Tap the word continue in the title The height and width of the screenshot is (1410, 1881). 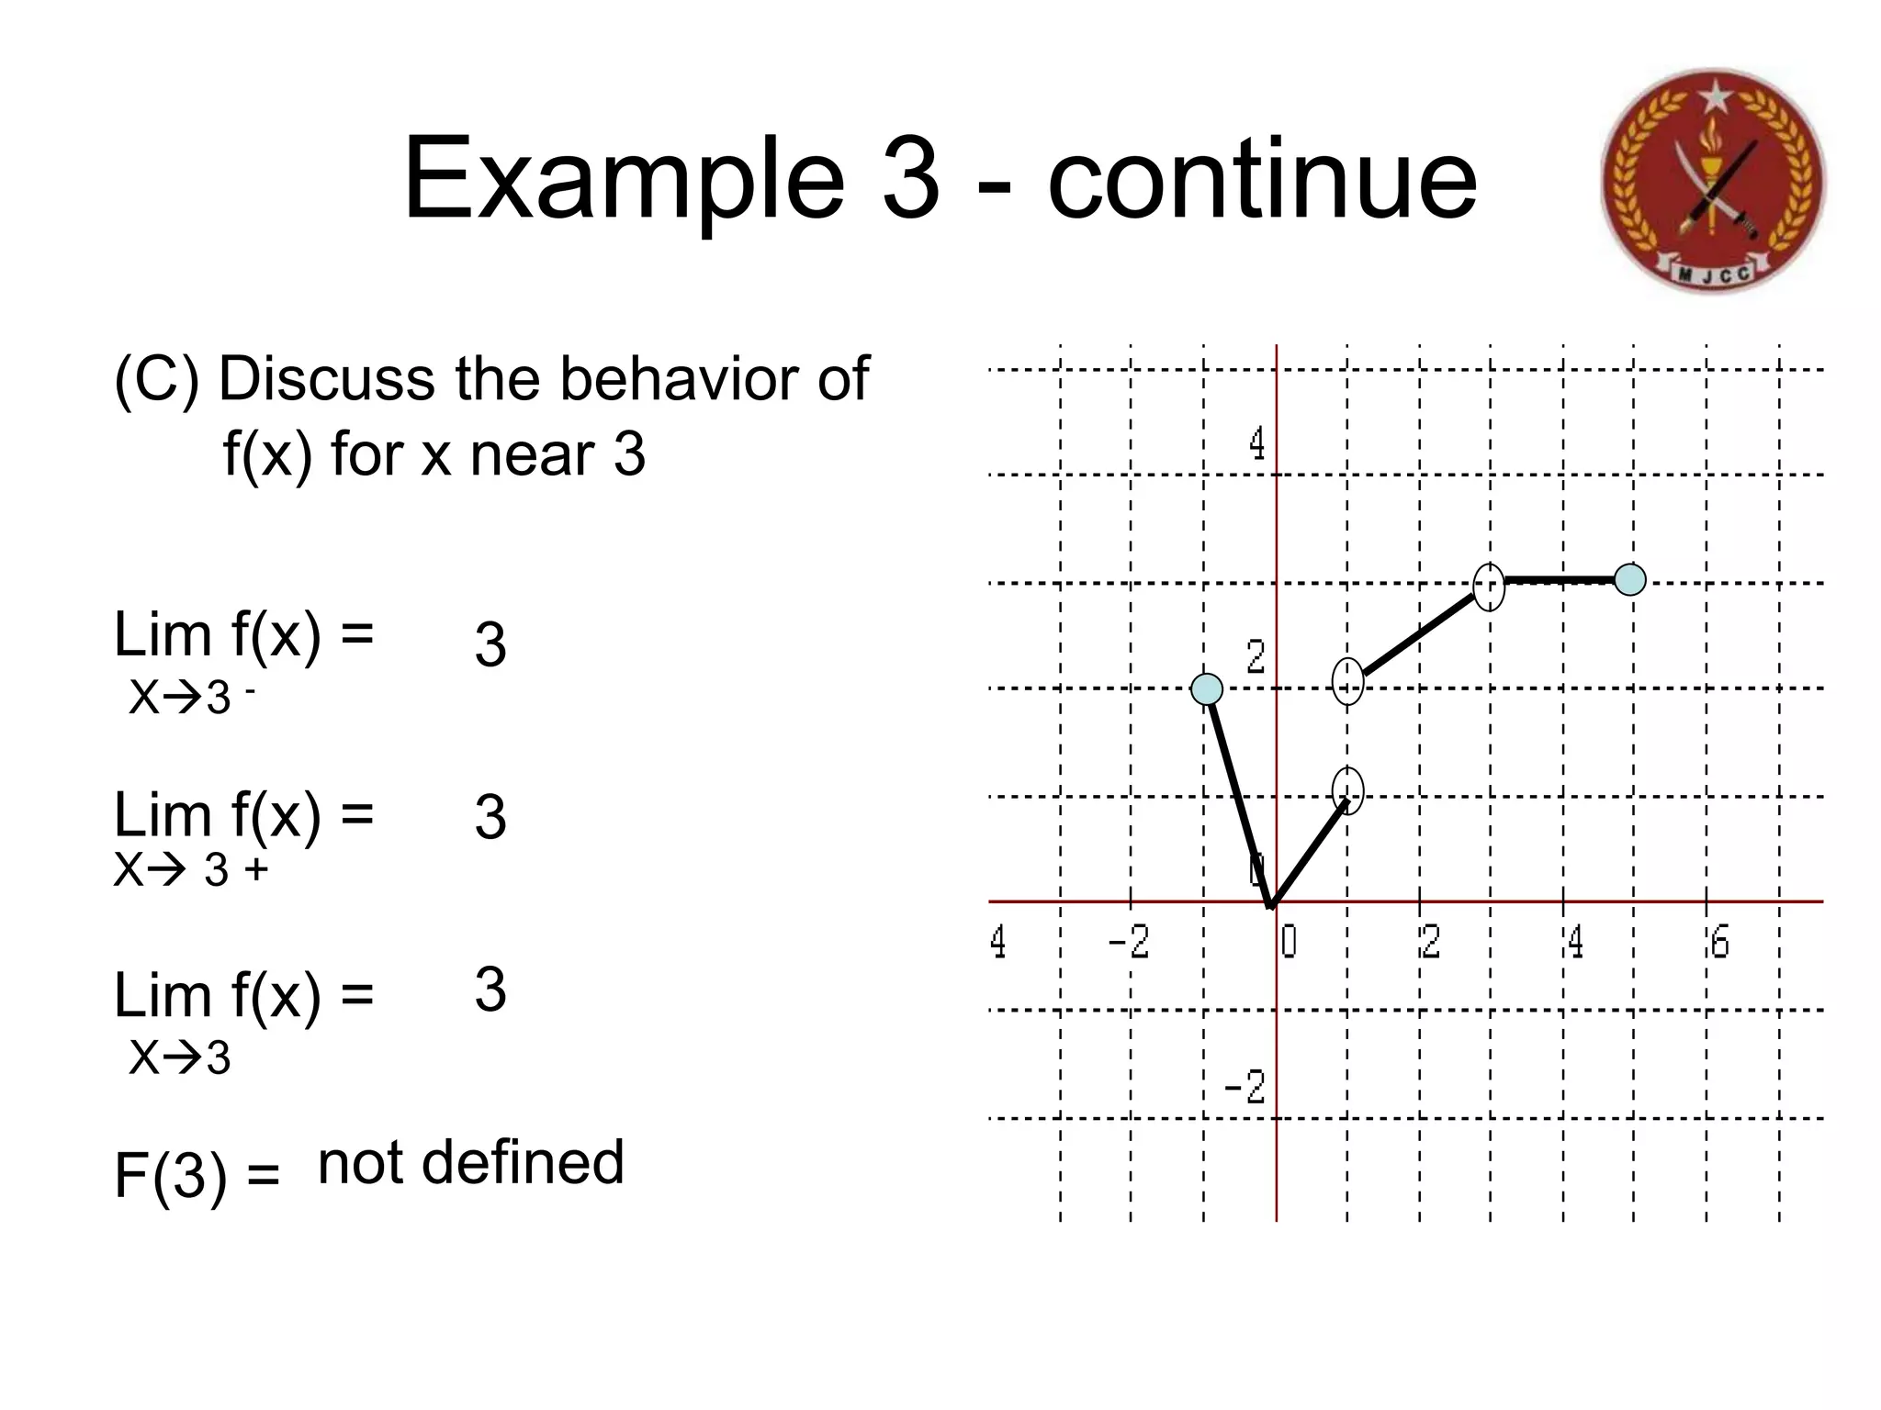1262,179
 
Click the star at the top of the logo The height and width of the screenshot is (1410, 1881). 1713,95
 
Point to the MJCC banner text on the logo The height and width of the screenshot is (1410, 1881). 1714,273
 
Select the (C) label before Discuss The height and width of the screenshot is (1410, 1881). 156,379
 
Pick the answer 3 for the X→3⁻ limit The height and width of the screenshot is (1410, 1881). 490,644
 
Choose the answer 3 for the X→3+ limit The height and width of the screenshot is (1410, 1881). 490,816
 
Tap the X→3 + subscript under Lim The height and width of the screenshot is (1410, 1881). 190,869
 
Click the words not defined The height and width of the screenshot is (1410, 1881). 470,1162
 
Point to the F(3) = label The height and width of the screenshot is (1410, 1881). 197,1175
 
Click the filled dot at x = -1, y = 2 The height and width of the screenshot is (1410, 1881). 1207,688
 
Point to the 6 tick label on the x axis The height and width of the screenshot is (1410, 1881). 1719,943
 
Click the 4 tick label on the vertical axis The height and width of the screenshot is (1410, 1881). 1256,444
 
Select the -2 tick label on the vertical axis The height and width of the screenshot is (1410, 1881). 1245,1087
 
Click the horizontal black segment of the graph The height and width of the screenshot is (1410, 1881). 1560,580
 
